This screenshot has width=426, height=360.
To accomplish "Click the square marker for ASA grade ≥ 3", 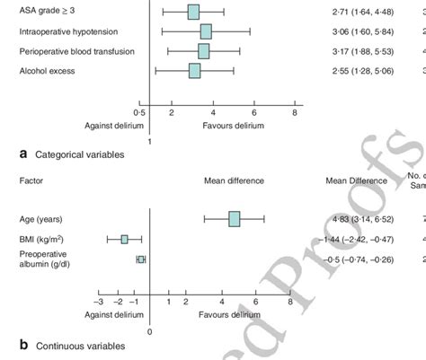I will tap(193, 13).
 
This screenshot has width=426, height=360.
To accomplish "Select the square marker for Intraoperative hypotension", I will tap(206, 31).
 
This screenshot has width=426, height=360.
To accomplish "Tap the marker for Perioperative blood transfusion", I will tap(203, 51).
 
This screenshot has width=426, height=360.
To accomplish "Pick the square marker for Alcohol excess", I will tap(194, 70).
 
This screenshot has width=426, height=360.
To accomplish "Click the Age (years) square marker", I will tap(235, 219).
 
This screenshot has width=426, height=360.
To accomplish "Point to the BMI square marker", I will tap(125, 239).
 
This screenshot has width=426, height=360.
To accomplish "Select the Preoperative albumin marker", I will tap(141, 259).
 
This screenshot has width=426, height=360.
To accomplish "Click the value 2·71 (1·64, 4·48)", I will tap(360, 13).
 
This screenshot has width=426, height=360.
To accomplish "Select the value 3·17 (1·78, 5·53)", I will tap(360, 51).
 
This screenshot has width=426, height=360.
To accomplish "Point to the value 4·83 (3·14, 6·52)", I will tap(360, 219).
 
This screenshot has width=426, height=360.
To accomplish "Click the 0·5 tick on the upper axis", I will tap(139, 113).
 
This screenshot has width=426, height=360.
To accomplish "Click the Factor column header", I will tap(31, 180).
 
